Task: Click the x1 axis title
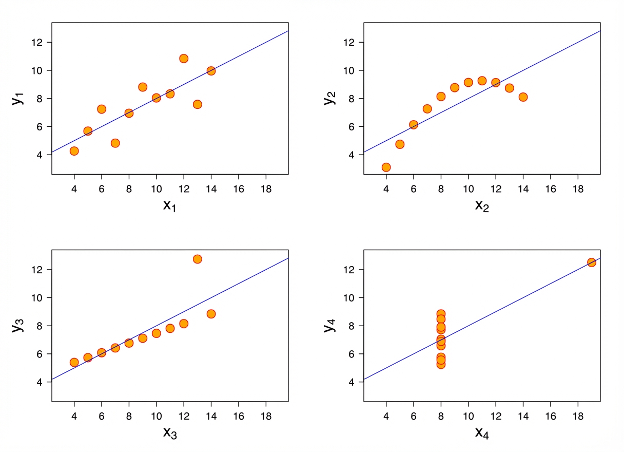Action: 170,205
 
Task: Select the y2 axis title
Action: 329,97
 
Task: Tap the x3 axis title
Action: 170,433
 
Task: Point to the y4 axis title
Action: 329,325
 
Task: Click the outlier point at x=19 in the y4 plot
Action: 591,262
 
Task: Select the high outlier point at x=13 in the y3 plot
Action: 197,259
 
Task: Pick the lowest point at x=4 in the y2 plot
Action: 386,167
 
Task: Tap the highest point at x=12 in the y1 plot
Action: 184,59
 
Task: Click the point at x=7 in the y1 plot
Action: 115,143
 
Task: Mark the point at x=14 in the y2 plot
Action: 523,97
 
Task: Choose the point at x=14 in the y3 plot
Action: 211,314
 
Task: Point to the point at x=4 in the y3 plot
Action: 74,363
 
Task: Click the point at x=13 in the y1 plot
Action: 197,104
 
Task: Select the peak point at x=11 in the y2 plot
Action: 482,81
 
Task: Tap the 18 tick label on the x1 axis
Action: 266,188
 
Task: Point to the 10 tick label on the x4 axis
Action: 468,416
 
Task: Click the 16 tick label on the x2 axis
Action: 550,188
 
